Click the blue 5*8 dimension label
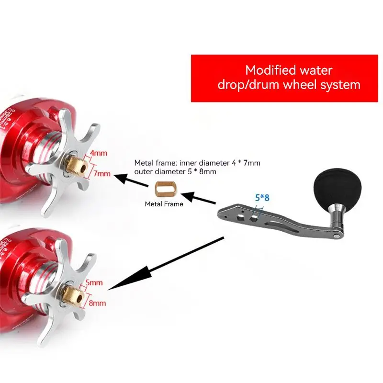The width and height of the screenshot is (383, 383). coord(262,197)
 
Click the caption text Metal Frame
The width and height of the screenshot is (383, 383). coord(164,204)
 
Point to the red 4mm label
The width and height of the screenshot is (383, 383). coord(98,154)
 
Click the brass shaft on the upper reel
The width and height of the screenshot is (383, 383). coord(75,165)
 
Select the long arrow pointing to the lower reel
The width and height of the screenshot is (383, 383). coord(168,262)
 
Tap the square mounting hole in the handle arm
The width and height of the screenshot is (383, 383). coord(253,218)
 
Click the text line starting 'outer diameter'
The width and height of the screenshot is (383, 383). coord(175,171)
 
